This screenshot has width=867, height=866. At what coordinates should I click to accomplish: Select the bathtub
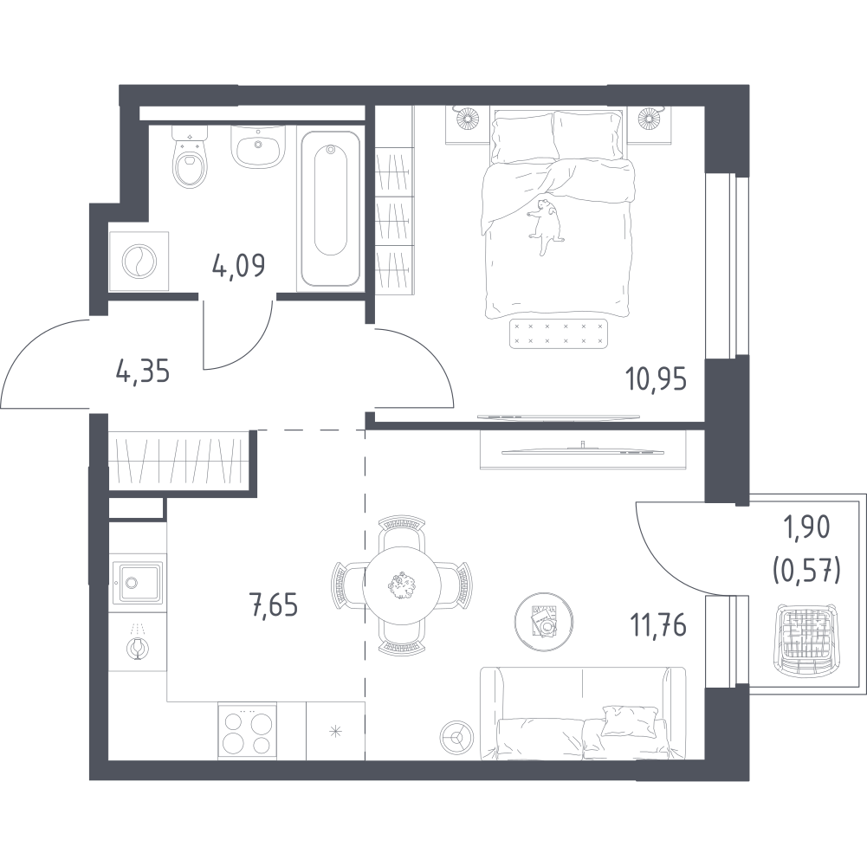tap(331, 209)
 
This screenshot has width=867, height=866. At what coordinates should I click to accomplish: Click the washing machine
tap(139, 261)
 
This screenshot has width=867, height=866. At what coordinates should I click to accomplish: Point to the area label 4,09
tap(238, 266)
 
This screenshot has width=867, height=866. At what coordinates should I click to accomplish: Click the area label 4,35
tap(143, 371)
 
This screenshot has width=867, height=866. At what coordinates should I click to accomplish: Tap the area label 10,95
tap(657, 379)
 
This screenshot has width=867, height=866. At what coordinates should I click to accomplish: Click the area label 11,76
tap(658, 626)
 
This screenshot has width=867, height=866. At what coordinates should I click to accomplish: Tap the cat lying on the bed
tap(545, 226)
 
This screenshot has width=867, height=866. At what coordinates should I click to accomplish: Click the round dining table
tap(402, 585)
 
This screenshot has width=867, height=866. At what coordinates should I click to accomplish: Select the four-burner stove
tap(247, 731)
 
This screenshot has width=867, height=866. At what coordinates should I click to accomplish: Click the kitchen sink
tap(138, 582)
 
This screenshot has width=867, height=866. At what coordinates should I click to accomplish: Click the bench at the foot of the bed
tap(558, 333)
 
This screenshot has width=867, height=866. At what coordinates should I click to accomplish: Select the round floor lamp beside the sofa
tap(456, 736)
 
